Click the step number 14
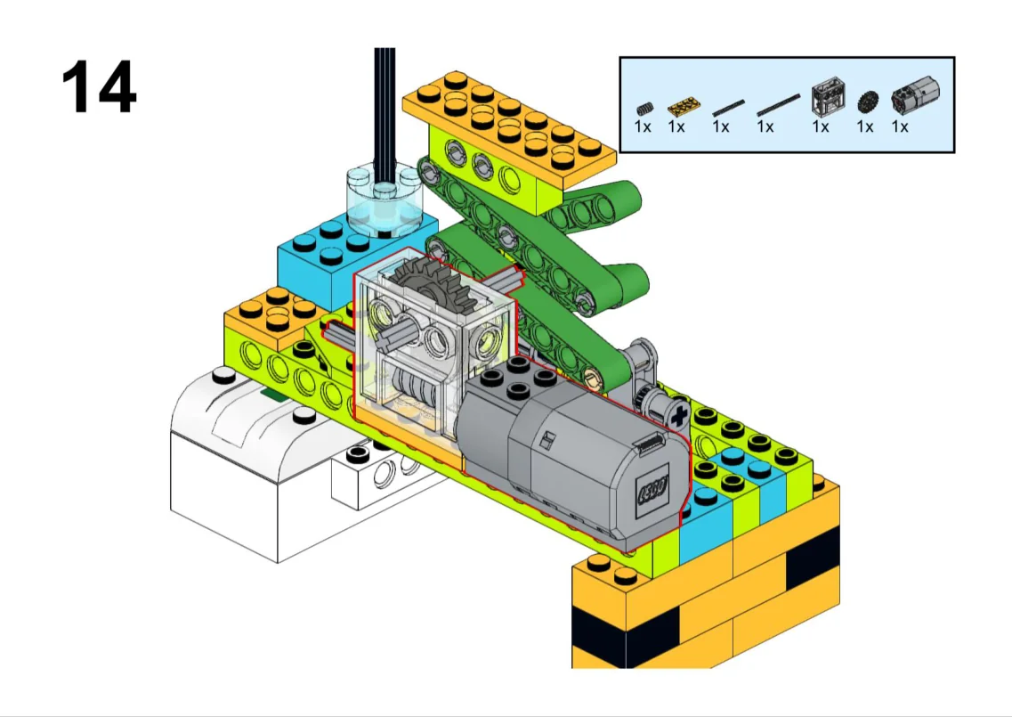[99, 87]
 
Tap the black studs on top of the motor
[518, 376]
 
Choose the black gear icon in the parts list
[868, 102]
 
